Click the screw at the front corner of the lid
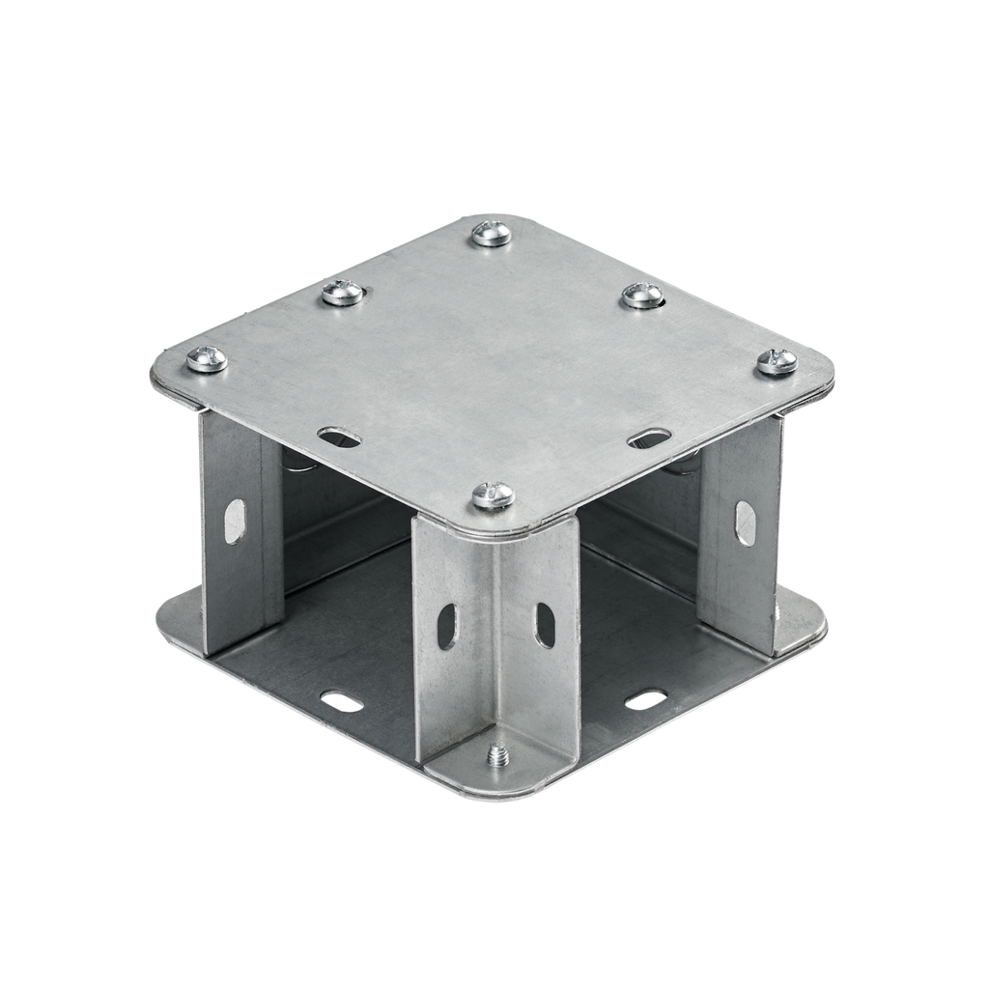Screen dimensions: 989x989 pyautogui.click(x=493, y=495)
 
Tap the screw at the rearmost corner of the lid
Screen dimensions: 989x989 pyautogui.click(x=491, y=233)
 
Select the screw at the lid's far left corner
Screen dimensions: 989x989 pyautogui.click(x=206, y=359)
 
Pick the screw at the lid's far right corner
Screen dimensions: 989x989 pyautogui.click(x=777, y=362)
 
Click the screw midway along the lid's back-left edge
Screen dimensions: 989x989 pyautogui.click(x=343, y=292)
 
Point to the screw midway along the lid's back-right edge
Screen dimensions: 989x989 pyautogui.click(x=642, y=295)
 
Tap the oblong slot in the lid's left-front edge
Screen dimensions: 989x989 pyautogui.click(x=339, y=438)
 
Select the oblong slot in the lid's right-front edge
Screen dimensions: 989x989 pyautogui.click(x=649, y=438)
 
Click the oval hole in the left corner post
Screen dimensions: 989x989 pyautogui.click(x=235, y=521)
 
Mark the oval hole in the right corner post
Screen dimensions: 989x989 pyautogui.click(x=745, y=523)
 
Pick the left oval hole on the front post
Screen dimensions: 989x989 pyautogui.click(x=447, y=626)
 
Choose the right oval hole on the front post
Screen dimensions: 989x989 pyautogui.click(x=546, y=626)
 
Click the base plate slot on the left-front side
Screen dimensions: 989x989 pyautogui.click(x=341, y=701)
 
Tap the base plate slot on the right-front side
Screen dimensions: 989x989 pyautogui.click(x=645, y=699)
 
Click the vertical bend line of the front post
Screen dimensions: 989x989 pyautogui.click(x=496, y=628)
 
